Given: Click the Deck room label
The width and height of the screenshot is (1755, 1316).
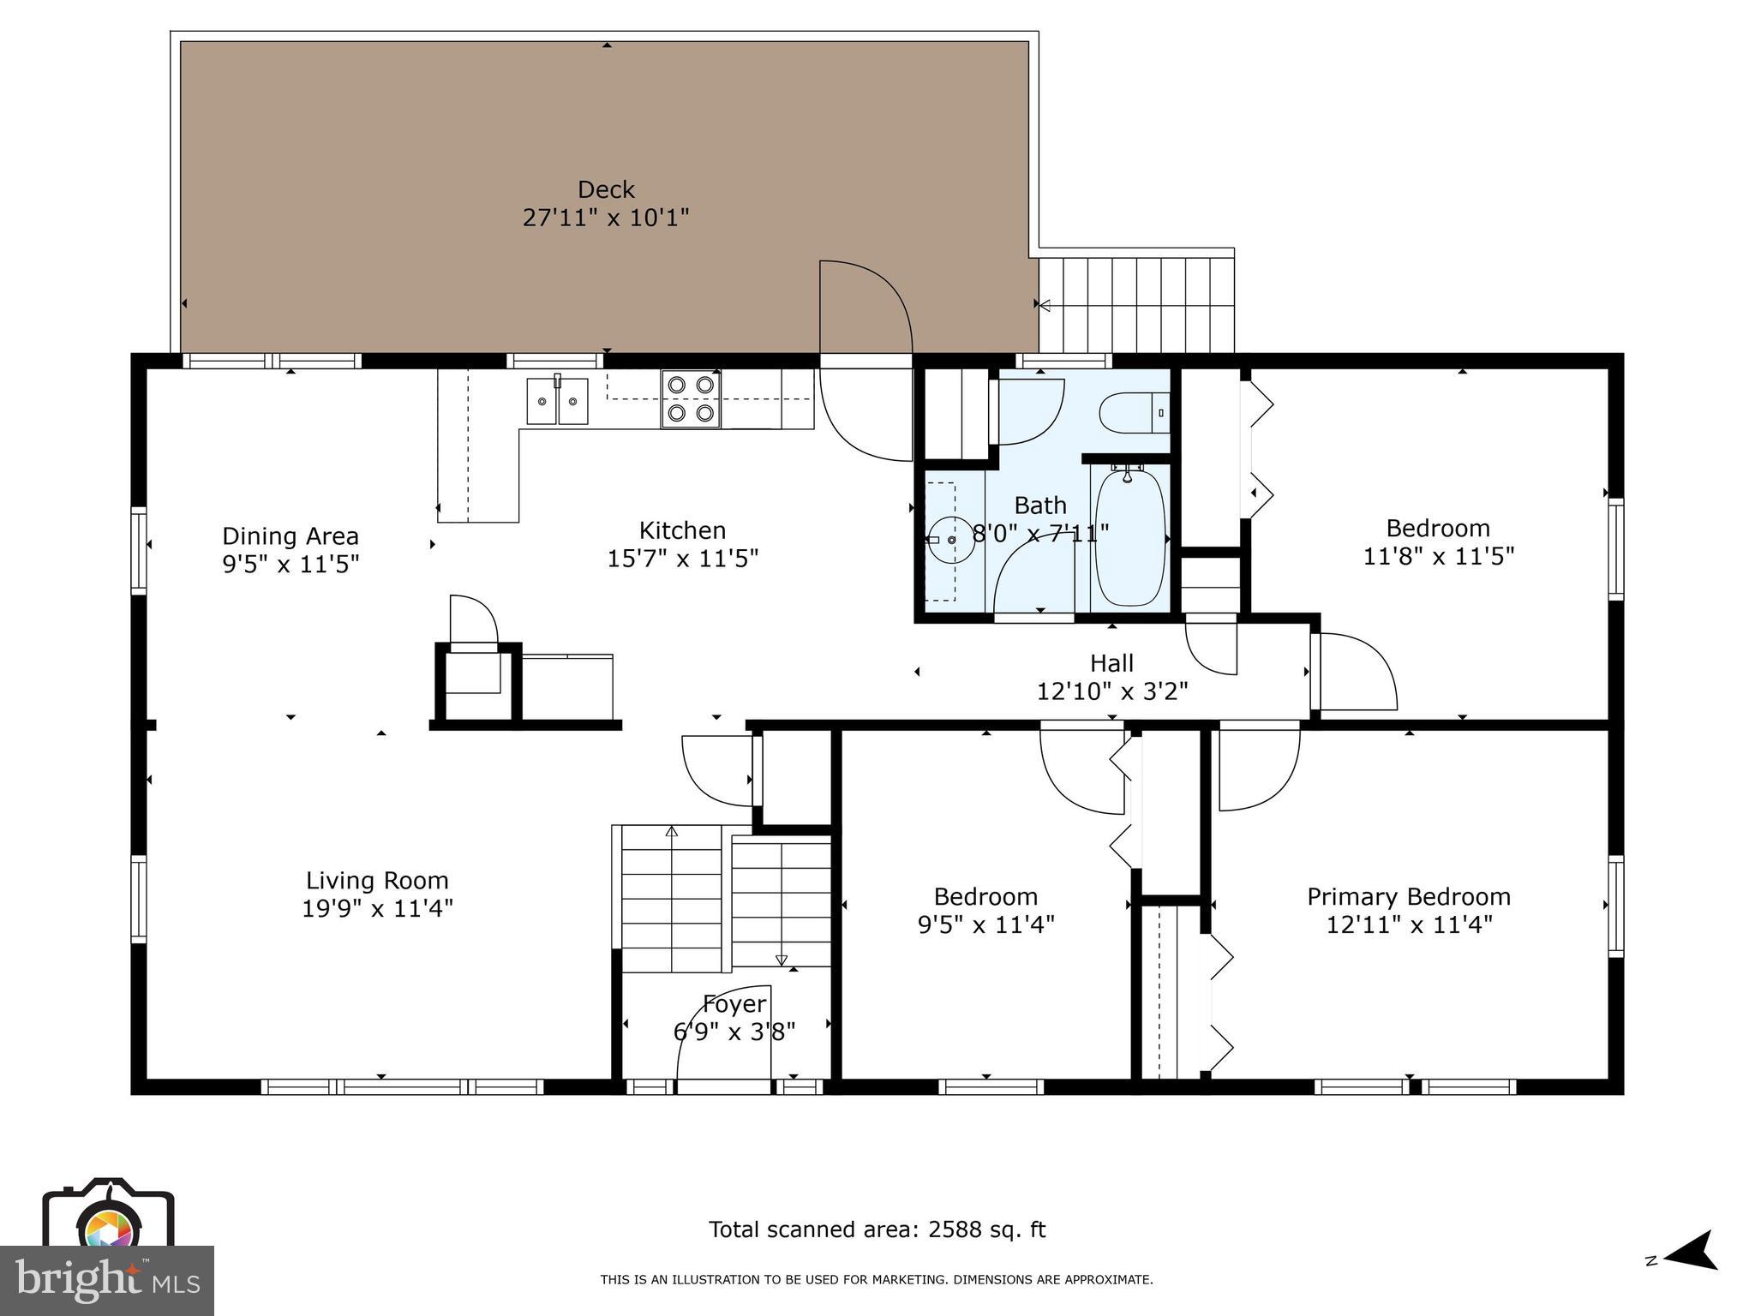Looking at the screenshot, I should (x=606, y=189).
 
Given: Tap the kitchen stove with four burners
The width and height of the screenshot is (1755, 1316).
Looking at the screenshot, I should (x=691, y=399).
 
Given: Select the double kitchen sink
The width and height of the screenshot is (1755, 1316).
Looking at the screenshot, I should (x=558, y=400).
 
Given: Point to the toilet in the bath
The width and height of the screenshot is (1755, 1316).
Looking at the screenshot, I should (x=1131, y=413).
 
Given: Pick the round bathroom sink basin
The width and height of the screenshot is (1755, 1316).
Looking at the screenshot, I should (x=951, y=540).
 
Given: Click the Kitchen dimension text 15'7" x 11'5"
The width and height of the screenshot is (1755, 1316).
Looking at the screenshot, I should (x=683, y=559).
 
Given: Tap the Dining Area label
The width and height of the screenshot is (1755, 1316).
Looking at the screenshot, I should (x=291, y=536).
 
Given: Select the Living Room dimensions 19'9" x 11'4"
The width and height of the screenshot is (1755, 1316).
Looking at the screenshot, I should (x=377, y=908).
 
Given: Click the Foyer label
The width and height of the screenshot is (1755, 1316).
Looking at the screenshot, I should (x=734, y=1003).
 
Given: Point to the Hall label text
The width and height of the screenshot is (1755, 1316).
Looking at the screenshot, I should (x=1111, y=663).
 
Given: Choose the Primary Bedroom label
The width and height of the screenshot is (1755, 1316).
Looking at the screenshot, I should (x=1409, y=897).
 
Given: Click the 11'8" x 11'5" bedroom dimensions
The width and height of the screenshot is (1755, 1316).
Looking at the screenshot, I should (x=1439, y=557).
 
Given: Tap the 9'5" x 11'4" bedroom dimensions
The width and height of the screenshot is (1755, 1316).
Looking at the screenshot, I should (x=985, y=925).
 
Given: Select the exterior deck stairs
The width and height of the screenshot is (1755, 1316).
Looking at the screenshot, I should (x=1136, y=304).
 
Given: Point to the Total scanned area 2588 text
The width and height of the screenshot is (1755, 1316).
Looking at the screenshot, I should (x=877, y=1229).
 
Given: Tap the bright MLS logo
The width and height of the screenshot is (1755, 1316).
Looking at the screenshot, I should (x=107, y=1280).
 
